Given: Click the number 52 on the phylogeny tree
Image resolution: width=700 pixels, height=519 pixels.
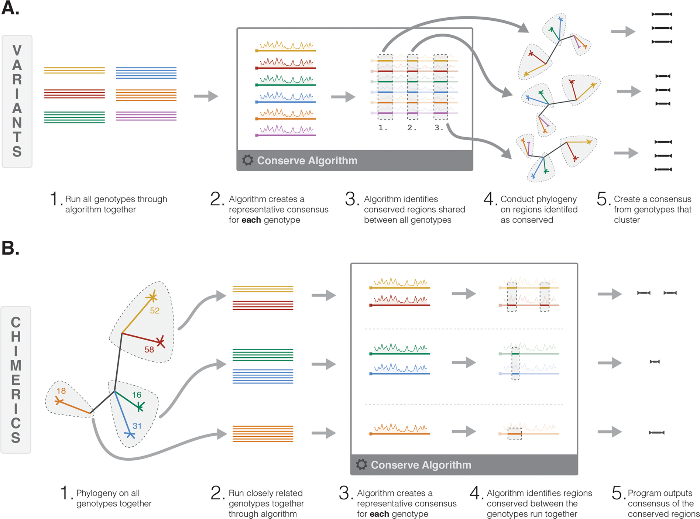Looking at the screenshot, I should coord(155,310).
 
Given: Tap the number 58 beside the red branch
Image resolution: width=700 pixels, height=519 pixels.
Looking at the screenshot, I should coord(149,349).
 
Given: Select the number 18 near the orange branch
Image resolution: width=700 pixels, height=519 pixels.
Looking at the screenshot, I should coord(61,391).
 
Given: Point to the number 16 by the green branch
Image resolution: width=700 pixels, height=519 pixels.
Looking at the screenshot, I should coord(137,395).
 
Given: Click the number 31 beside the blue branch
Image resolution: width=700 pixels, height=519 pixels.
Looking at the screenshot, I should coord(137,426).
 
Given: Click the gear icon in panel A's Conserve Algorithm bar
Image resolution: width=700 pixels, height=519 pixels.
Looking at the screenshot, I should coord(248,160).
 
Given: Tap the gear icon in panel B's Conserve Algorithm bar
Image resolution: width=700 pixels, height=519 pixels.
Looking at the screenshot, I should coord(361,464).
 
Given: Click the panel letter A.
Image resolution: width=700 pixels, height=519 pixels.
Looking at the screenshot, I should coord(10,8).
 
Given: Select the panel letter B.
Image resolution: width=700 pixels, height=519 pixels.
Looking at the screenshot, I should coord(10,248).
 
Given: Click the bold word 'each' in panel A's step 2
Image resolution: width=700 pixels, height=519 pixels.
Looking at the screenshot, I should coord(251,220).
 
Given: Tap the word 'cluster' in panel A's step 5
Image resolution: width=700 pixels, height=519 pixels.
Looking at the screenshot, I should coord(627,220).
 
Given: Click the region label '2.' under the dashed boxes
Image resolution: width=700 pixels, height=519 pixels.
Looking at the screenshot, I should coord(412,128).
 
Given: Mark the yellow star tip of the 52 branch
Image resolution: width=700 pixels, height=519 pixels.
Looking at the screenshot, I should coord(152,297).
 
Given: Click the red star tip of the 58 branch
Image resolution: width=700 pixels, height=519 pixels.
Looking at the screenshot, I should coord(160,342).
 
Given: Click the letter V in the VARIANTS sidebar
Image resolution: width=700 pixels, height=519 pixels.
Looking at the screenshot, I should coord(17,51).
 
